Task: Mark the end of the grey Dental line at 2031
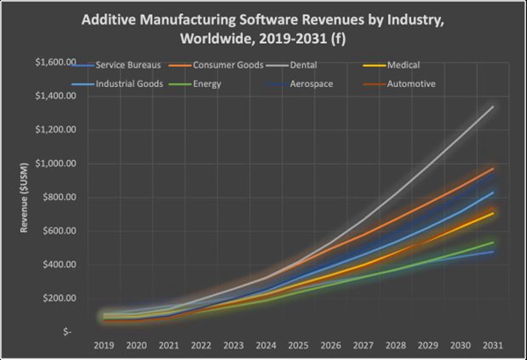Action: tap(493, 106)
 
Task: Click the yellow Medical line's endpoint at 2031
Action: tap(493, 212)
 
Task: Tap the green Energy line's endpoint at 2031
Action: tap(493, 242)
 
